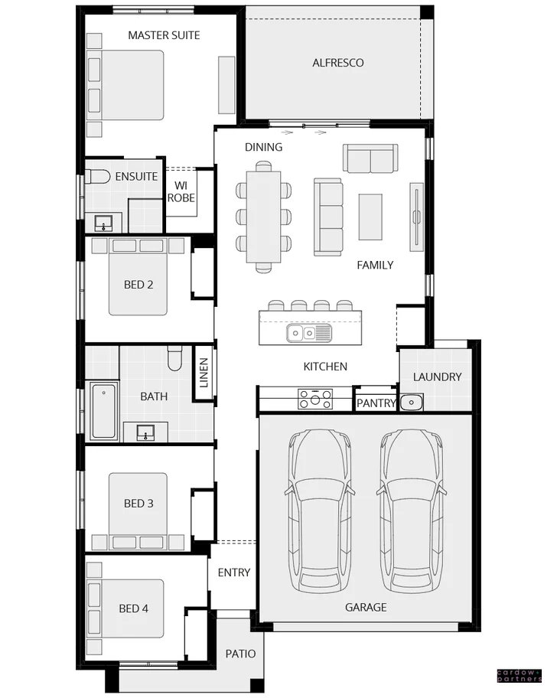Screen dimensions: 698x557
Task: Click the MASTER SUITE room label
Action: click(164, 35)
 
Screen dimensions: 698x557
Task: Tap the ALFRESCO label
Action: click(337, 63)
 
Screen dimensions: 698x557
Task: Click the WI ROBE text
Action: click(181, 191)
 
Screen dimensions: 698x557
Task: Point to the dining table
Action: click(263, 217)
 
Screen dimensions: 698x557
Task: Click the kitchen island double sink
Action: click(308, 333)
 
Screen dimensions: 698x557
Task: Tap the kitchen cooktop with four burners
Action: click(315, 399)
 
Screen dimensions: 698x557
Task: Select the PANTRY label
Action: click(376, 403)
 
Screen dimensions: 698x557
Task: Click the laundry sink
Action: click(411, 401)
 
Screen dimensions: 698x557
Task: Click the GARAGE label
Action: click(365, 608)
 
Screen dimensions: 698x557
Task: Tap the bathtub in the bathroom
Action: click(103, 411)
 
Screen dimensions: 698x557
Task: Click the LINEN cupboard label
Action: click(204, 373)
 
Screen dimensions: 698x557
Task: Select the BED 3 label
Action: click(138, 504)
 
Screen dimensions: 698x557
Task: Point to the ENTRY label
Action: click(233, 572)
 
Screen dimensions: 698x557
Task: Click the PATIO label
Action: click(240, 654)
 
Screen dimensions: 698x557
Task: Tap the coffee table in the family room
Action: click(370, 217)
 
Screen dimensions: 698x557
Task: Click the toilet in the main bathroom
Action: click(174, 357)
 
